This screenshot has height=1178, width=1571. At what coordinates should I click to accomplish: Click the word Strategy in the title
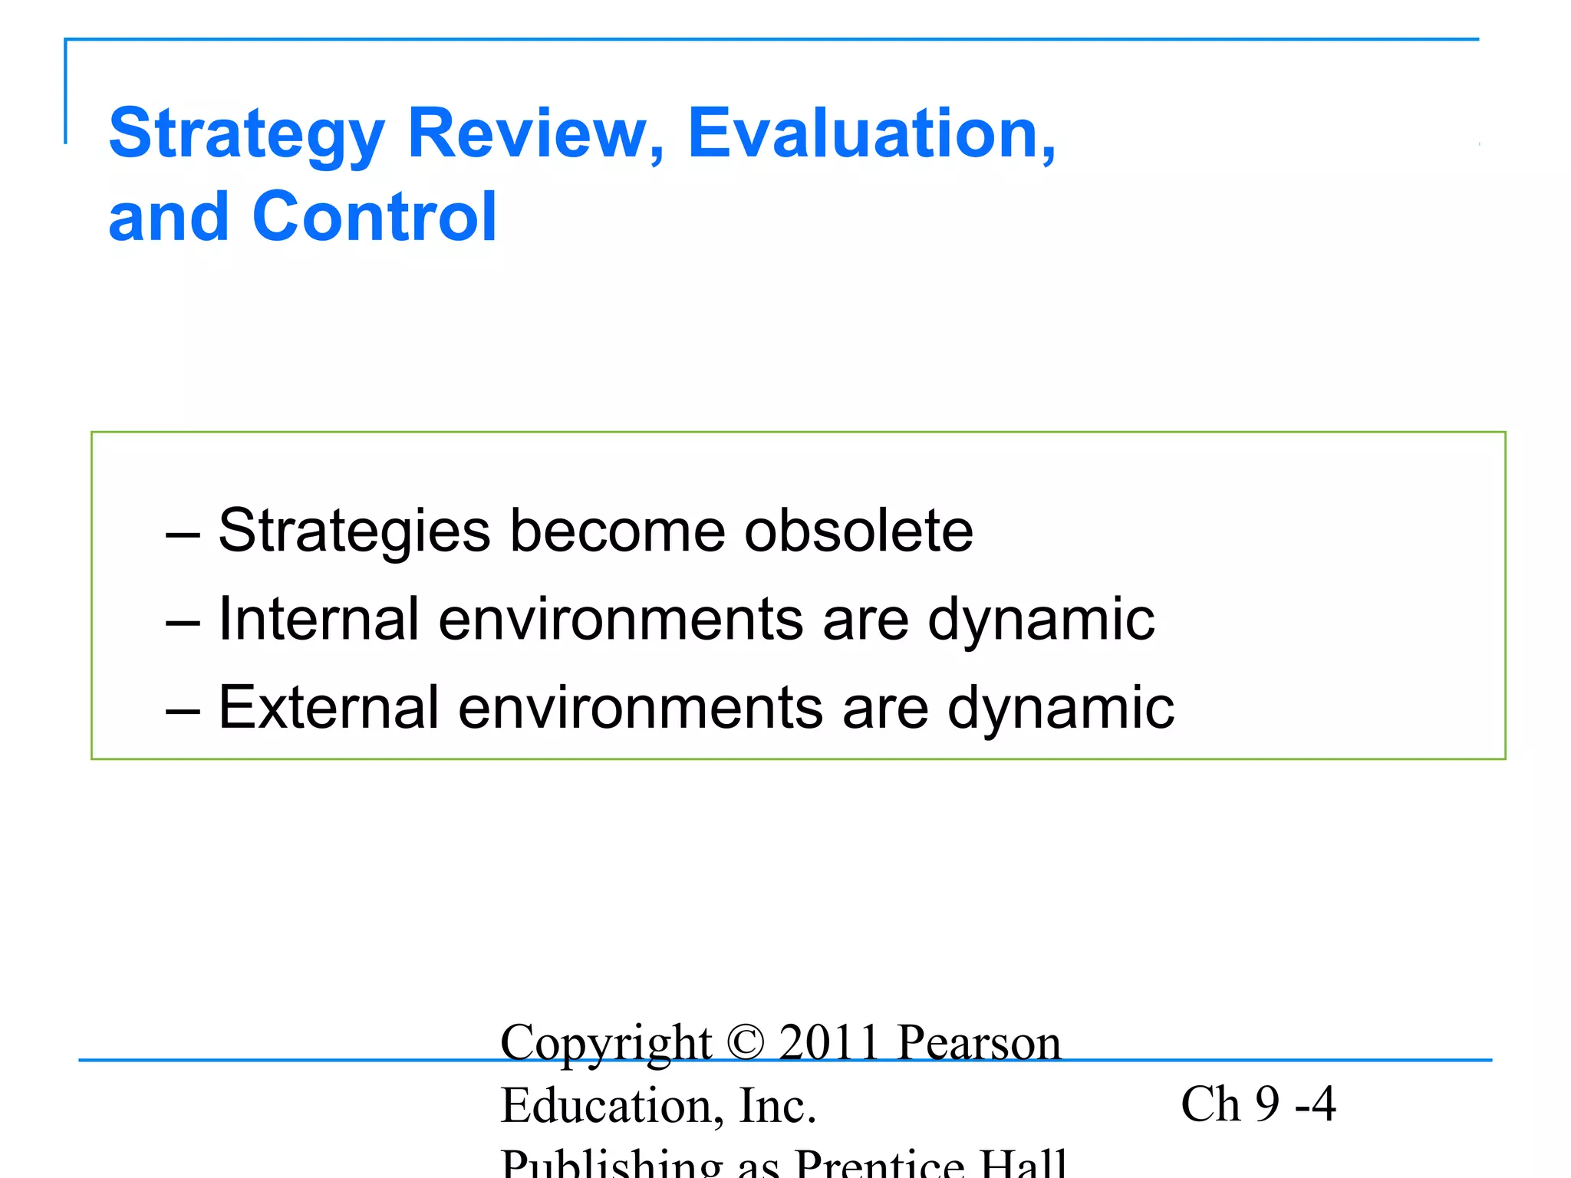[x=245, y=134]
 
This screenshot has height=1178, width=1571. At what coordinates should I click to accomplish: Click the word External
[x=328, y=707]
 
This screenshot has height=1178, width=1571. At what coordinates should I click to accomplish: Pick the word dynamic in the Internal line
[x=1041, y=619]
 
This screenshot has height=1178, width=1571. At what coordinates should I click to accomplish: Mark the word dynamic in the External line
[x=1061, y=707]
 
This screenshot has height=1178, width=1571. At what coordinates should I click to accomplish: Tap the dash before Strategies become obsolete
[x=183, y=532]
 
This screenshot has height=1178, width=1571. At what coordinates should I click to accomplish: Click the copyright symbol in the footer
[x=745, y=1042]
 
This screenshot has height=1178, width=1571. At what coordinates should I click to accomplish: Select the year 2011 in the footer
[x=829, y=1042]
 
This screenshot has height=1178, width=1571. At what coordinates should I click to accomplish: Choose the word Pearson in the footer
[x=980, y=1042]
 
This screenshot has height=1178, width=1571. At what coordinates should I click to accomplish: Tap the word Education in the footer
[x=606, y=1105]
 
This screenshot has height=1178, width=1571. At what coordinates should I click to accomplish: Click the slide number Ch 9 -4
[x=1258, y=1104]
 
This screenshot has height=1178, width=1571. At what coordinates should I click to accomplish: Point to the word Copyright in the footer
[x=606, y=1042]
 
